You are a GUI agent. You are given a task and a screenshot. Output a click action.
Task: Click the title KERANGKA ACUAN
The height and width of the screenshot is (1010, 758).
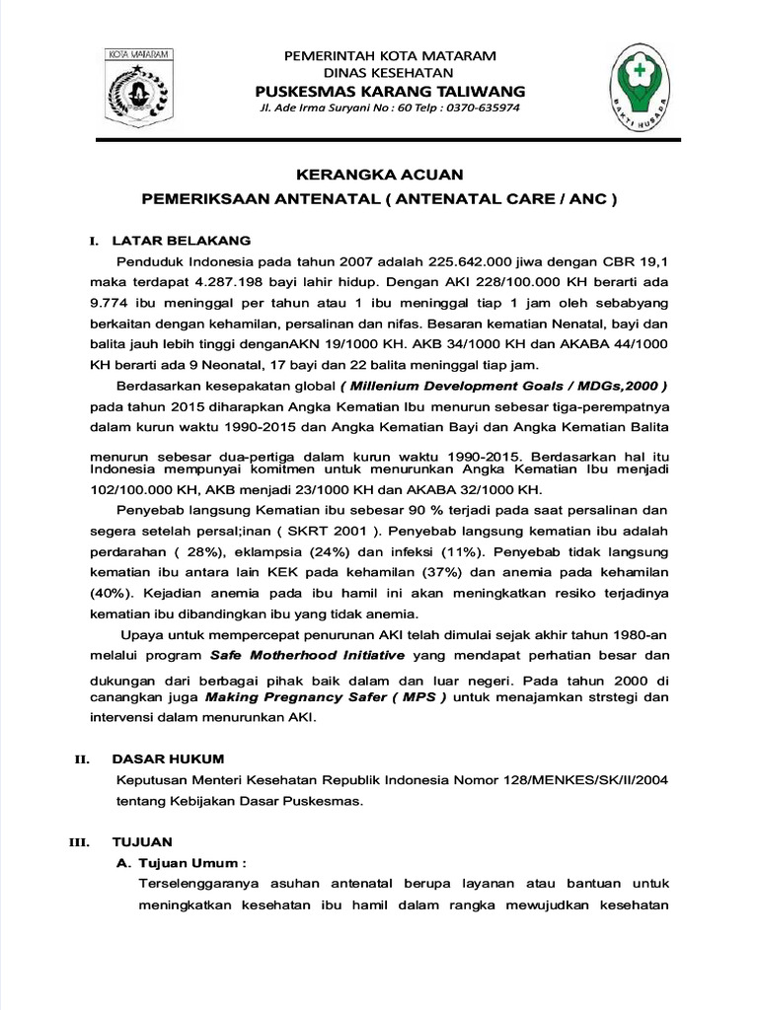(x=378, y=174)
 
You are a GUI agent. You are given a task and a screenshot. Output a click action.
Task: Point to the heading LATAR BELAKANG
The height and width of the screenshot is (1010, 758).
(x=182, y=240)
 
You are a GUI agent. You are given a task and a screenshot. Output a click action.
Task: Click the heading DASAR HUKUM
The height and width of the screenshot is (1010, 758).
(x=168, y=758)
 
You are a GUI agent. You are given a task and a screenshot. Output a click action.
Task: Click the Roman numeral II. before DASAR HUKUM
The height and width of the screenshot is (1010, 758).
(x=83, y=759)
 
